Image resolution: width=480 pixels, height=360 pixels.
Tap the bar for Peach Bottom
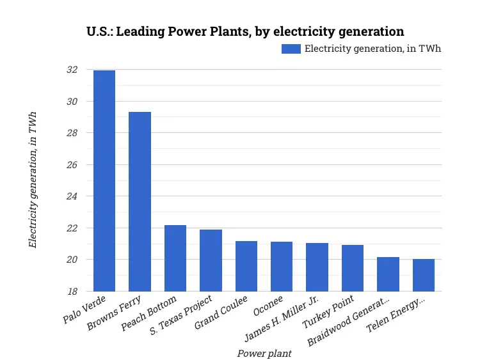[x=175, y=258]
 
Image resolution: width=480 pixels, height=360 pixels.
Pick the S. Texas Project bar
[x=211, y=260]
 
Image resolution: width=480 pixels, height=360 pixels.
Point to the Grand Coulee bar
[x=246, y=266]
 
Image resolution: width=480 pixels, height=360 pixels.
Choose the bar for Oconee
[x=282, y=267]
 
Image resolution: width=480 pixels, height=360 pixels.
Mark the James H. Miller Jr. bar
[x=317, y=267]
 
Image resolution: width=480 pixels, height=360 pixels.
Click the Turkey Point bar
[x=353, y=268]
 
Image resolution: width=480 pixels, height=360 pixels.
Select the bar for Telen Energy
[x=424, y=275]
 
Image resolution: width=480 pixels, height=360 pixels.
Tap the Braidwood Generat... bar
[x=388, y=274]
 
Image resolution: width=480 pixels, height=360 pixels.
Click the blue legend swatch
[x=291, y=49]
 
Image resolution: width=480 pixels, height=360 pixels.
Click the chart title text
[x=245, y=31]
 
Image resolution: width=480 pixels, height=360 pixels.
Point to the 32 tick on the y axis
[x=72, y=70]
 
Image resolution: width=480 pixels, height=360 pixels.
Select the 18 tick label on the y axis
[x=72, y=292]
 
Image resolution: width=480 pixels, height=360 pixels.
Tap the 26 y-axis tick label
[x=72, y=165]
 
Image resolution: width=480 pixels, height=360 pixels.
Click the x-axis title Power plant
[x=264, y=353]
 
